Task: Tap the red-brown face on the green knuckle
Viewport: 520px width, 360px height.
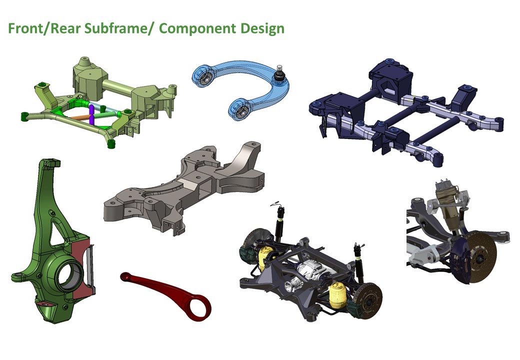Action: (x=82, y=265)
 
